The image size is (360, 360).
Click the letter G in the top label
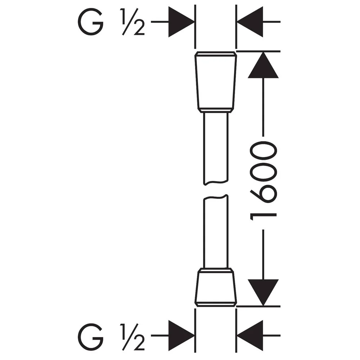90,22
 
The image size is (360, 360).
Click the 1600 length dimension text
264,181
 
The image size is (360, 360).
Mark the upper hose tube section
216,148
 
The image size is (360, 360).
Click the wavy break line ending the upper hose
216,183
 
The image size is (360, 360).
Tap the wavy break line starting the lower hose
216,197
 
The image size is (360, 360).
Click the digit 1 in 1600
264,216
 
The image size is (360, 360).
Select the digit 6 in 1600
264,195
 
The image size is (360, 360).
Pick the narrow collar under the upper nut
216,110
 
